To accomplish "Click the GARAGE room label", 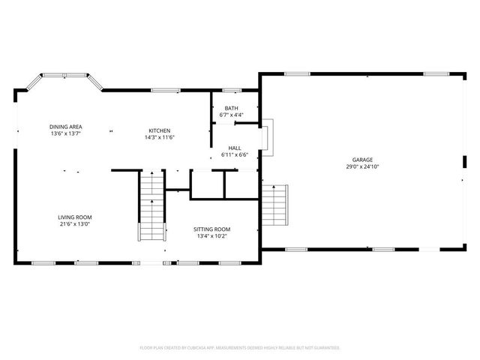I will [x=363, y=160].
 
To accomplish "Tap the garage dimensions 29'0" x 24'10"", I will [x=363, y=167].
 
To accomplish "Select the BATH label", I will [x=232, y=109].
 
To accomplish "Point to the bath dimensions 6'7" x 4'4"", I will [x=232, y=115].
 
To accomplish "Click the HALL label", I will [x=235, y=148].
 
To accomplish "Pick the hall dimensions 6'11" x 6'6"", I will [x=235, y=155].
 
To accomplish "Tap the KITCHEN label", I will [x=159, y=130].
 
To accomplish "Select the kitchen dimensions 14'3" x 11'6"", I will [x=159, y=137].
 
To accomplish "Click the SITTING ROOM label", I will [x=211, y=229].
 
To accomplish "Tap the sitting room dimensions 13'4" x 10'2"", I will [x=211, y=236].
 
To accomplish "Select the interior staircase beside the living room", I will [x=151, y=206].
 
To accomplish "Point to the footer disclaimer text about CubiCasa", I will [x=240, y=348].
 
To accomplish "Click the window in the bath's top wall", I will [x=232, y=91].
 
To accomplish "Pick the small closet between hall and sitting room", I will [x=208, y=184].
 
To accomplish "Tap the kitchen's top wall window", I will [x=166, y=91].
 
